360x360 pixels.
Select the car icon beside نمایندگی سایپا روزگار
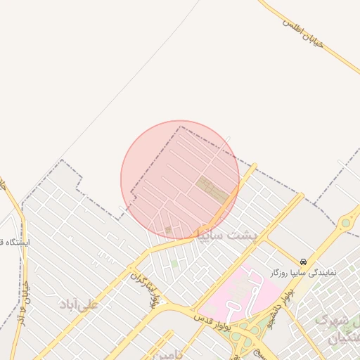pyautogui.click(x=303, y=261)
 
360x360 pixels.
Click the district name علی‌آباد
pyautogui.click(x=79, y=304)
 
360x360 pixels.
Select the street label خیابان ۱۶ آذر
pyautogui.click(x=23, y=310)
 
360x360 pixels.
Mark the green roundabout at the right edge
pyautogui.click(x=345, y=224)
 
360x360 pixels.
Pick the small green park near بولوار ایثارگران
pyautogui.click(x=174, y=263)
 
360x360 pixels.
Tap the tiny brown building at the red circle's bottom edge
pyautogui.click(x=168, y=230)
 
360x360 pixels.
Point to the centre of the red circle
pyautogui.click(x=180, y=180)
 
